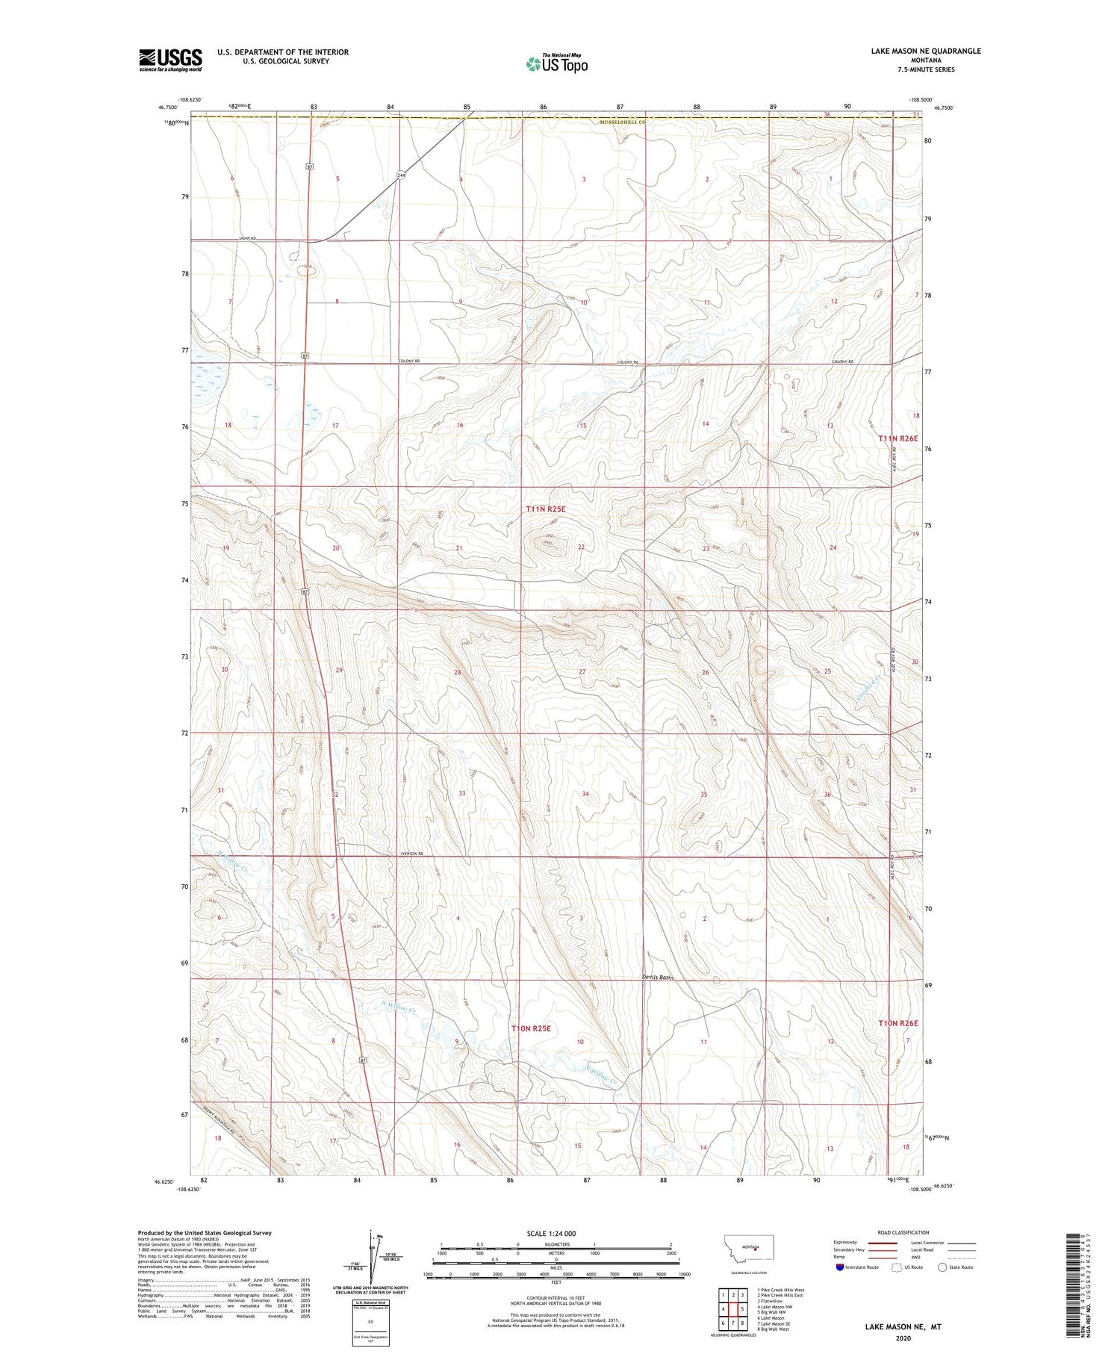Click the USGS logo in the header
(170, 60)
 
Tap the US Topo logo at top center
(556, 64)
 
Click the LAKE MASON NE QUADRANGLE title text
(925, 51)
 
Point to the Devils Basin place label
(658, 977)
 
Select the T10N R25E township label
(531, 1028)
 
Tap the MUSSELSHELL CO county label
(623, 121)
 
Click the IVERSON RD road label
(411, 854)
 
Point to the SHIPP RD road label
(247, 238)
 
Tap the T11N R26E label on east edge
(897, 438)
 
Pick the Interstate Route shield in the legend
(840, 1267)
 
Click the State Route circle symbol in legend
(942, 1267)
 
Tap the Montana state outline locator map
(750, 1248)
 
